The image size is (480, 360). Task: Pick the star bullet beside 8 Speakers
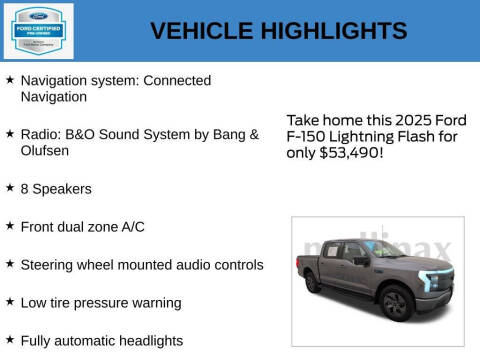point(10,187)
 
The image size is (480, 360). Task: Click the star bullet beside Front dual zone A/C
point(10,226)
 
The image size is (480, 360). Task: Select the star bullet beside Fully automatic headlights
point(10,340)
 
